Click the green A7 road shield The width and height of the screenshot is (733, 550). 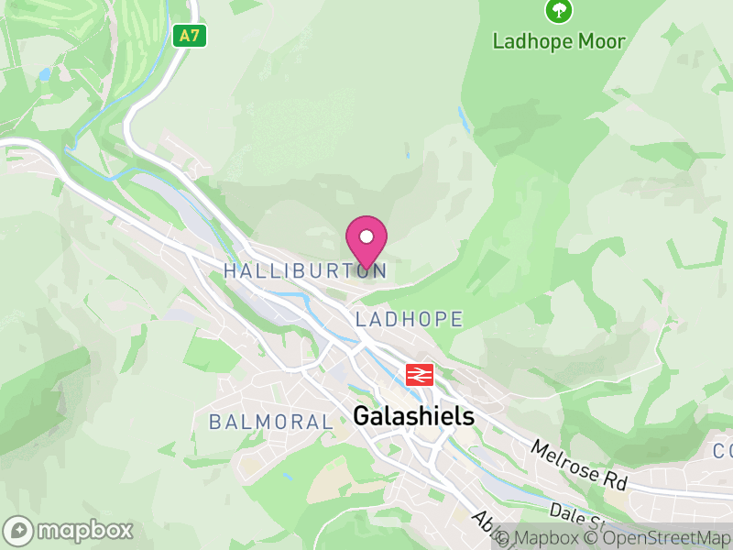[x=189, y=36]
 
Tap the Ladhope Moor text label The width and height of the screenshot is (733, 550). [x=559, y=41]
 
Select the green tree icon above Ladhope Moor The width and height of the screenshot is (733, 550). [x=559, y=11]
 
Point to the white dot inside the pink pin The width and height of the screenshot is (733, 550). [x=366, y=236]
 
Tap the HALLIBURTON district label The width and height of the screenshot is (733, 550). [x=305, y=270]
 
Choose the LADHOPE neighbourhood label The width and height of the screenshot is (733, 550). [x=409, y=319]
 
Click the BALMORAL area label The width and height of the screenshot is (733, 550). [x=270, y=422]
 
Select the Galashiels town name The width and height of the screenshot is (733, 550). [x=414, y=416]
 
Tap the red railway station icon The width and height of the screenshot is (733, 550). [x=420, y=374]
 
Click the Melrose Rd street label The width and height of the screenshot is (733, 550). [x=575, y=464]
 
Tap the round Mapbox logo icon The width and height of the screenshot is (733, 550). [x=19, y=530]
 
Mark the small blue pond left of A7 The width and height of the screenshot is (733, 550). [x=45, y=73]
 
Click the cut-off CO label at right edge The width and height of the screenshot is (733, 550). [x=722, y=451]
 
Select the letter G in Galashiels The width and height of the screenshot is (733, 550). [x=362, y=416]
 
